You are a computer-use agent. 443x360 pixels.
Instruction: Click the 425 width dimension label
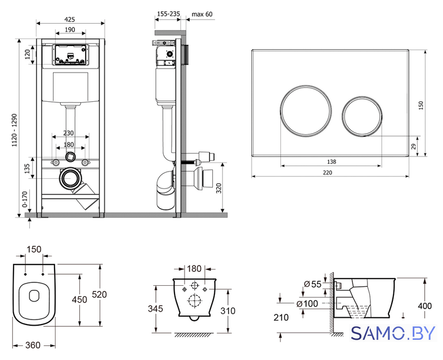point(70,19)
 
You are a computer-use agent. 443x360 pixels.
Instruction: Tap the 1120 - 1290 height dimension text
point(15,130)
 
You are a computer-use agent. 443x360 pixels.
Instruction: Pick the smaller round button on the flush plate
point(362,116)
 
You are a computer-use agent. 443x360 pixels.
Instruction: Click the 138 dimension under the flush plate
point(332,162)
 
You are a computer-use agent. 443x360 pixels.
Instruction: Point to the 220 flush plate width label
point(327,173)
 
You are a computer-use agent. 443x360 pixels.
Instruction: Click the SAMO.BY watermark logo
point(393,333)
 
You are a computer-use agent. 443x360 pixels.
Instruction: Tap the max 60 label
point(202,14)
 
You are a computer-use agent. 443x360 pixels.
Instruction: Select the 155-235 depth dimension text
point(168,14)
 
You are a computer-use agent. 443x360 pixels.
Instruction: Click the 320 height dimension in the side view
point(218,188)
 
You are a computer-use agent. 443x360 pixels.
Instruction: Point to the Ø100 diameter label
point(307,304)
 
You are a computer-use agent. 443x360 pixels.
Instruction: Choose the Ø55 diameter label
point(312,284)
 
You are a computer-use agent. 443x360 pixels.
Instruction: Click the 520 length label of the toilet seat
point(100,295)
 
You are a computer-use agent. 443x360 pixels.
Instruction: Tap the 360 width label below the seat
point(33,345)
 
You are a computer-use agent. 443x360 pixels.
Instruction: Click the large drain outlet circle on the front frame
point(69,178)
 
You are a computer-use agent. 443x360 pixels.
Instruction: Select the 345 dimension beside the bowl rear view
point(155,309)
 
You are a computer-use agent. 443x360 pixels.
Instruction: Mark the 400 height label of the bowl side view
point(424,306)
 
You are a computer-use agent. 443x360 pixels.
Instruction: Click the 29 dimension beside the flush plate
point(413,147)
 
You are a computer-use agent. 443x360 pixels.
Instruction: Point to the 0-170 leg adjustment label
point(25,200)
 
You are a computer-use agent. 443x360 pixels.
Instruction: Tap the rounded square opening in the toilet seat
point(34,295)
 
